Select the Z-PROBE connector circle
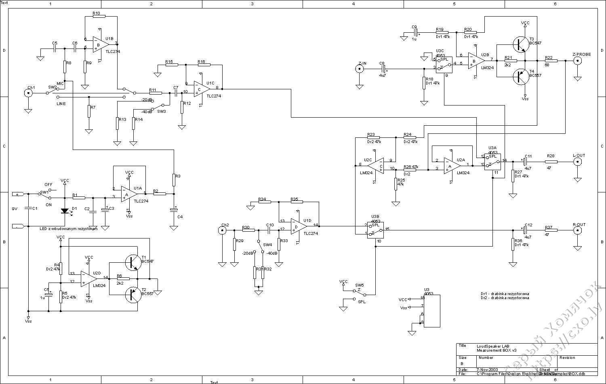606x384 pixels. [578, 61]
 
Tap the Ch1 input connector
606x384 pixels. [28, 93]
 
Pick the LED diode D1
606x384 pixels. [65, 211]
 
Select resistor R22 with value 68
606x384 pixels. [551, 61]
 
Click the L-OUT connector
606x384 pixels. [578, 162]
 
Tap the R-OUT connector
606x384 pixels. [578, 230]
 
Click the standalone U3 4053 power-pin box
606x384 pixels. [431, 310]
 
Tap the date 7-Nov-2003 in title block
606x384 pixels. [487, 369]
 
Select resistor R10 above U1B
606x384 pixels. [99, 17]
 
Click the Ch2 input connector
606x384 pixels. [222, 230]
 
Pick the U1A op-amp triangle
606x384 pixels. [128, 194]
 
